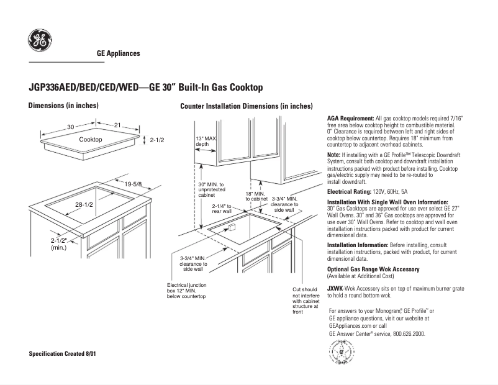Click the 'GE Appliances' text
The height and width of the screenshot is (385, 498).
click(x=118, y=53)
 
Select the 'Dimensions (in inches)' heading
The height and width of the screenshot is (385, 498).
click(x=63, y=106)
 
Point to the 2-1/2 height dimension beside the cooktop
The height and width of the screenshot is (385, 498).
click(x=156, y=140)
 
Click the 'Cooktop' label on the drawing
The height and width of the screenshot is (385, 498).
click(x=91, y=140)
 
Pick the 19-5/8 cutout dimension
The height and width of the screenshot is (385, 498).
click(x=133, y=184)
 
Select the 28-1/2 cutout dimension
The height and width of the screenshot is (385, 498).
click(x=85, y=204)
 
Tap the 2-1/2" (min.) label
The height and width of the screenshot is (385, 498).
click(x=60, y=243)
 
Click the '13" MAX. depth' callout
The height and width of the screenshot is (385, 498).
click(x=206, y=141)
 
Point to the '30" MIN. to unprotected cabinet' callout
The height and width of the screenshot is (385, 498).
click(x=210, y=189)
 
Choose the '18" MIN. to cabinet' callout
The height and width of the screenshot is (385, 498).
click(x=256, y=196)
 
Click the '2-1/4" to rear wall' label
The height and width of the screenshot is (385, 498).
click(x=222, y=209)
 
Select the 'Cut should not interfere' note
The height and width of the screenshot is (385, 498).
click(x=305, y=300)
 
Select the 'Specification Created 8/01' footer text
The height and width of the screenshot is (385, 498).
click(x=63, y=353)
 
